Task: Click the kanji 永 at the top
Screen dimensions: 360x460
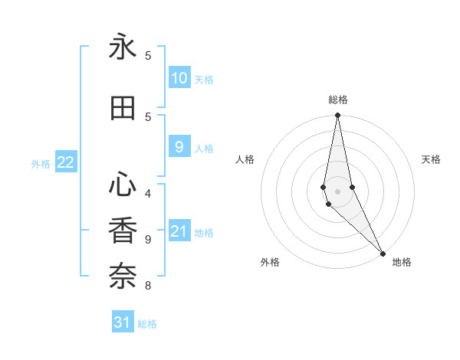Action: (123, 47)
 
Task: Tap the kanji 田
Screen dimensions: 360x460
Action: (123, 108)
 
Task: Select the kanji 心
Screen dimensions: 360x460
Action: (123, 185)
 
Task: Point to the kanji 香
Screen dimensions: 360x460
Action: (123, 231)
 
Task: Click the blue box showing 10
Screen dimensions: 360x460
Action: (179, 78)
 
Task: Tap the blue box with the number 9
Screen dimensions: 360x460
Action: (179, 148)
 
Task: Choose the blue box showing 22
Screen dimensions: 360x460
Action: (66, 162)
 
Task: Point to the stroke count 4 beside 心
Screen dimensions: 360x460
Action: (148, 193)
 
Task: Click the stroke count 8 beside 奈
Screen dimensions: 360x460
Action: (148, 286)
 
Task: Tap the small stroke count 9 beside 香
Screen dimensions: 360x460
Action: (148, 239)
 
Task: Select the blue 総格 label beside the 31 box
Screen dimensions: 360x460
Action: (147, 324)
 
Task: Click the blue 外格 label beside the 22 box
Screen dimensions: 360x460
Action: (41, 163)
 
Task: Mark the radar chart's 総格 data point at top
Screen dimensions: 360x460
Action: (337, 116)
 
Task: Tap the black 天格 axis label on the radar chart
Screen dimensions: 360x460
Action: (431, 159)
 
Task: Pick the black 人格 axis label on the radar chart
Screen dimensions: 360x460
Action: (245, 159)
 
